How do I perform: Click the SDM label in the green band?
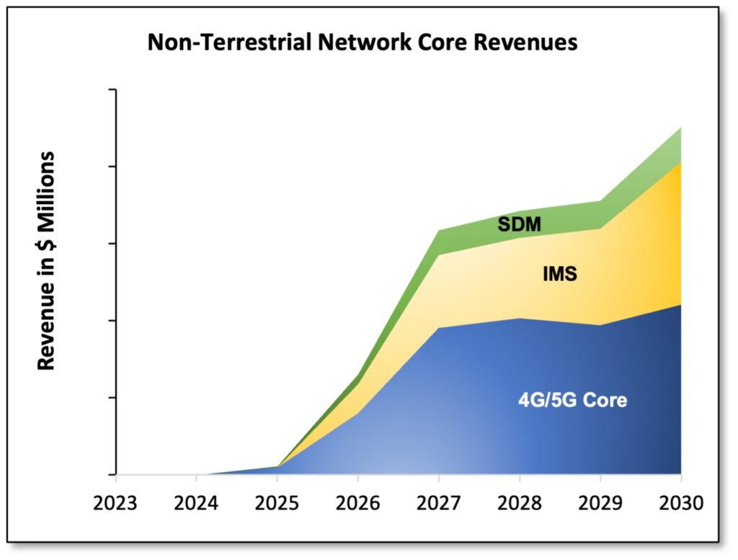(520, 225)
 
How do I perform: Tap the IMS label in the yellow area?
(559, 275)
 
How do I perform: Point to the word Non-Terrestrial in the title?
(218, 43)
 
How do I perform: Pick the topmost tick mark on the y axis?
(112, 90)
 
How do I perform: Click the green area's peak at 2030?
(681, 128)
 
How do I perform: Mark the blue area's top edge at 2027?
(439, 328)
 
